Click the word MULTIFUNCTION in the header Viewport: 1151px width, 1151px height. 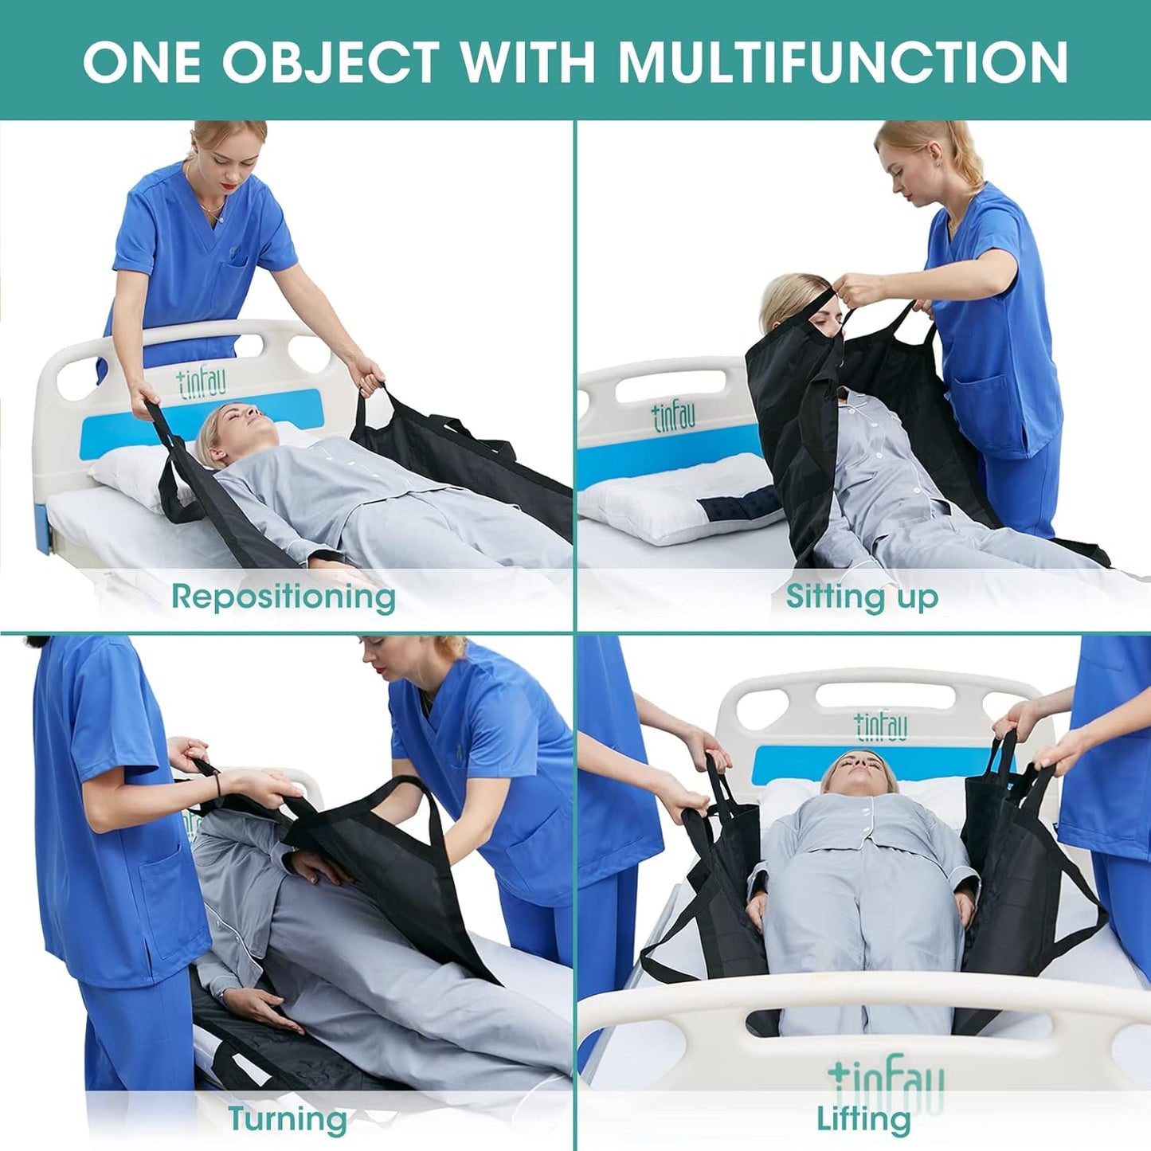(x=843, y=61)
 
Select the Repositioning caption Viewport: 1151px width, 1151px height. (x=284, y=596)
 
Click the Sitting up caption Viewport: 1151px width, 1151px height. (x=862, y=596)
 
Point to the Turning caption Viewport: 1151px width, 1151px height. (x=288, y=1118)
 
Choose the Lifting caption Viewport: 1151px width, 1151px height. (x=863, y=1118)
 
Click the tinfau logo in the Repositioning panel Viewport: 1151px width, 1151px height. (x=202, y=383)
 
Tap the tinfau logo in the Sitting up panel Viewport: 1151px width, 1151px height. (x=674, y=416)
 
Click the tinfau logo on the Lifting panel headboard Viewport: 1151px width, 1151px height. (x=880, y=725)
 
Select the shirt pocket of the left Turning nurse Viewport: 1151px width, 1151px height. (x=163, y=884)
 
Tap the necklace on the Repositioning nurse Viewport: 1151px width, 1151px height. (x=211, y=209)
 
